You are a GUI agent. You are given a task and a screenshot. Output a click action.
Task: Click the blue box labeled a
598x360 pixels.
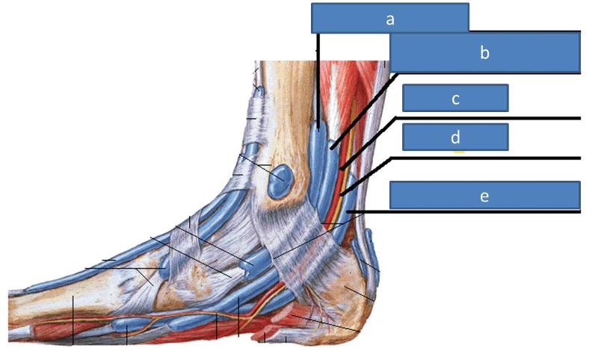pos(389,17)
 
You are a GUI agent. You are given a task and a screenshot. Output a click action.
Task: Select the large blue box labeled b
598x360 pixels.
pos(484,52)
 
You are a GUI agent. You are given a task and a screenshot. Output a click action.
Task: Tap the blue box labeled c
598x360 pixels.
pos(455,98)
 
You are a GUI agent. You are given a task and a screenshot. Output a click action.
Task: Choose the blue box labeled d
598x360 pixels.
pos(455,137)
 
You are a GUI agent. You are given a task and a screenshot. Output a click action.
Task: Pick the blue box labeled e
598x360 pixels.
pos(484,196)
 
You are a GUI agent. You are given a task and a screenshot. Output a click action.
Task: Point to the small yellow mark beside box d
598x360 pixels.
pos(459,152)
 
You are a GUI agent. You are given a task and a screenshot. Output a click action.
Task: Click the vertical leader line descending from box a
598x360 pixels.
pos(318,75)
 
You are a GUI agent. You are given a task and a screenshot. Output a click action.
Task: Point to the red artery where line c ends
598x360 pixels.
pos(342,170)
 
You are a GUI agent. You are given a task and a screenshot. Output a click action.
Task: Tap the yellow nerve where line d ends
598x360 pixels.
pos(342,195)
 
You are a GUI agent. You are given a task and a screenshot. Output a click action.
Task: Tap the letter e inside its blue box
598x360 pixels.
pos(484,196)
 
